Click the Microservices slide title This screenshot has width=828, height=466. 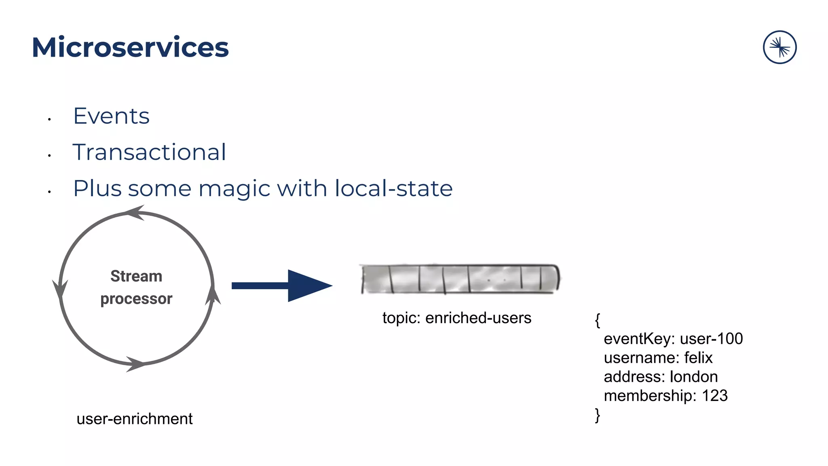coord(130,47)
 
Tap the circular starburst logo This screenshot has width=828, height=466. coord(779,47)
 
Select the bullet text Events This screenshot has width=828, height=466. coord(111,116)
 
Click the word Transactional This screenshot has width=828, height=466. coord(149,153)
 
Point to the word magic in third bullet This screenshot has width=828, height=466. coord(235,189)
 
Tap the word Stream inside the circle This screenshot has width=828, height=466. coord(136,276)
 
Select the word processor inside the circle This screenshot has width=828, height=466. coord(136,299)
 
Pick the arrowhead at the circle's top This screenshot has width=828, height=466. coord(135,212)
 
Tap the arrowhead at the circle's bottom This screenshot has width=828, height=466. coord(135,364)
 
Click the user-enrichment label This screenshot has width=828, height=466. coord(135,419)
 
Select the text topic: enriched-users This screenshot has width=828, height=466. coord(457,318)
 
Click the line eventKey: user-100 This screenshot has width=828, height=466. coord(673,339)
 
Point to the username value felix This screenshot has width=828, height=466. coord(698,358)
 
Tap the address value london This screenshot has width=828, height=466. coord(694,377)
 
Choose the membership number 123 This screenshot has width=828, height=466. coord(714,396)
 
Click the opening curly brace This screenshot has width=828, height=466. coord(598,320)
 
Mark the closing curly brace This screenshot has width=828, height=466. coord(598,415)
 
